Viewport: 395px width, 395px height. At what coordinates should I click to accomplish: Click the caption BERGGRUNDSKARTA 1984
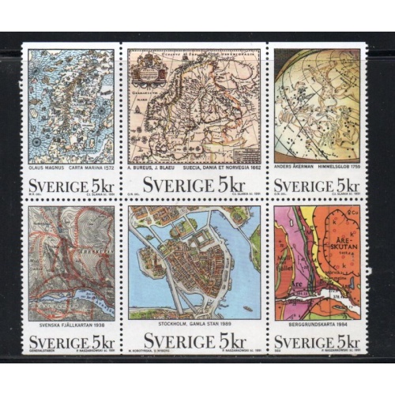click(x=318, y=326)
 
